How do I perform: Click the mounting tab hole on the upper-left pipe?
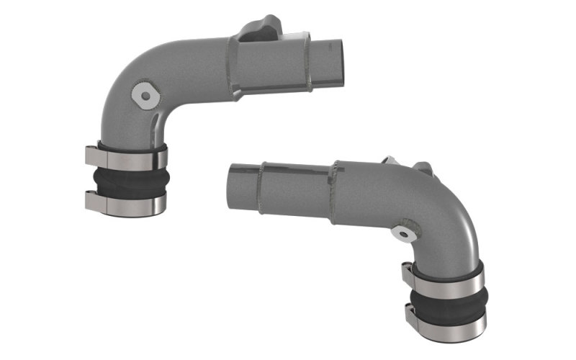pyautogui.click(x=146, y=96)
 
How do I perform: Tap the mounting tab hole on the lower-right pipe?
pyautogui.click(x=404, y=233)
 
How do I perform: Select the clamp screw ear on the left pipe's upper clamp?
pyautogui.click(x=92, y=155)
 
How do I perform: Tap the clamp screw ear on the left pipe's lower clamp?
pyautogui.click(x=92, y=202)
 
